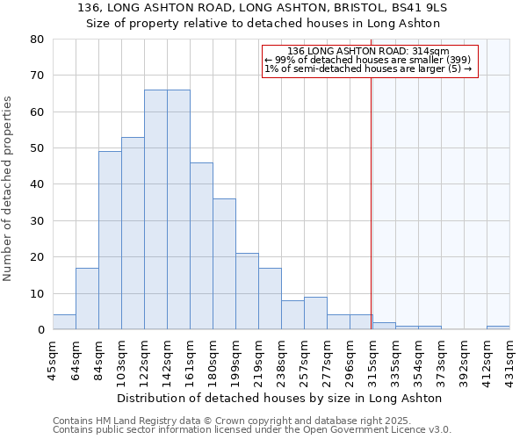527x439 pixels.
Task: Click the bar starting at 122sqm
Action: click(155, 210)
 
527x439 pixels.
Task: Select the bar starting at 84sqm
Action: click(110, 241)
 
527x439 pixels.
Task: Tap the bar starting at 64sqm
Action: click(87, 299)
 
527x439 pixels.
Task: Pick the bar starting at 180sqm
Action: click(224, 264)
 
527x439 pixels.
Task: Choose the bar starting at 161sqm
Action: click(201, 246)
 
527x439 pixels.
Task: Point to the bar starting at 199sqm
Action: click(247, 291)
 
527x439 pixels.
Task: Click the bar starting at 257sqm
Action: click(315, 313)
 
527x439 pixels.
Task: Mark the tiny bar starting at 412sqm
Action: click(498, 327)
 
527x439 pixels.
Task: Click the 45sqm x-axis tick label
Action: click(54, 360)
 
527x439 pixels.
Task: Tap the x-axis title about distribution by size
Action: click(279, 398)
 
